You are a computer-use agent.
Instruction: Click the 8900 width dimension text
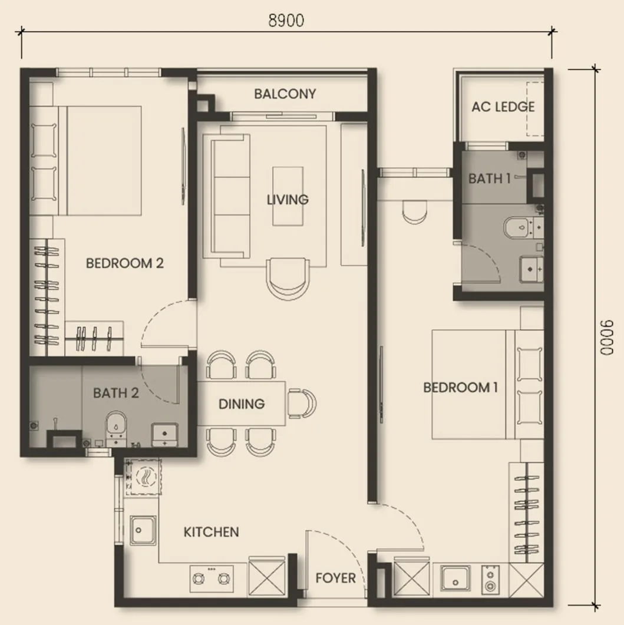pos(286,21)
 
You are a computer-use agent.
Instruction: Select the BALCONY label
pos(285,94)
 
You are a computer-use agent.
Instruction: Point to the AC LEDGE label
pos(503,107)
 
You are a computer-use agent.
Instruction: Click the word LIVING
pos(287,199)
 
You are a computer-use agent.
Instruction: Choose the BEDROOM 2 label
pos(124,263)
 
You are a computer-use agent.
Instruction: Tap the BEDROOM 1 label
pos(460,387)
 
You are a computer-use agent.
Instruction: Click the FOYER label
pos(335,578)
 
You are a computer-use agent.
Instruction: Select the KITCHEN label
pos(211,532)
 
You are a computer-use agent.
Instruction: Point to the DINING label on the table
pos(241,404)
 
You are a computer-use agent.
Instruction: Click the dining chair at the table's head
pos(302,404)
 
